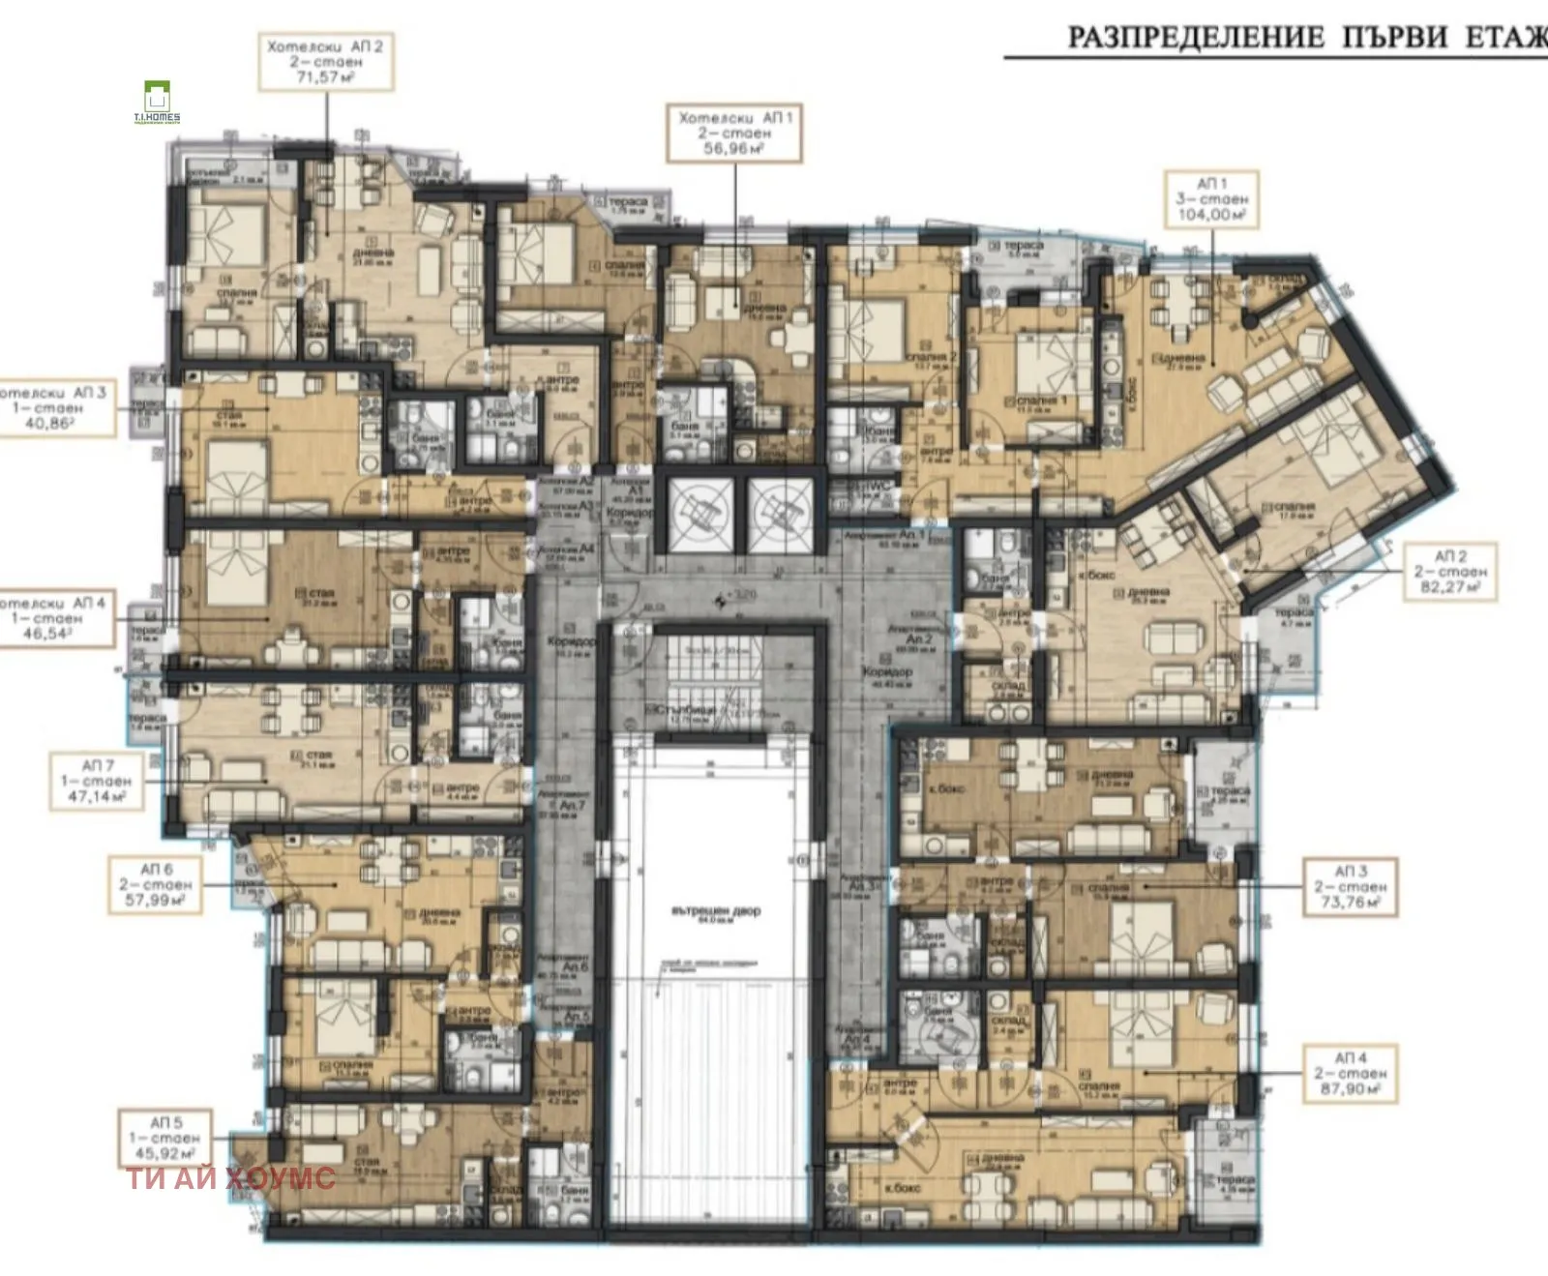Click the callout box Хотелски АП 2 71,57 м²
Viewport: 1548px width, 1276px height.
[x=326, y=61]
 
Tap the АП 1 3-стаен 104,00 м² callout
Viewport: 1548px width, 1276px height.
[x=1211, y=199]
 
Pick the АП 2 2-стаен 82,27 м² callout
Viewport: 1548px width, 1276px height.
[x=1449, y=572]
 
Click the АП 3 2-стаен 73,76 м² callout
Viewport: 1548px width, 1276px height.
[x=1349, y=886]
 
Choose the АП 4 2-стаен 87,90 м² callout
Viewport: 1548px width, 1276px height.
[x=1349, y=1074]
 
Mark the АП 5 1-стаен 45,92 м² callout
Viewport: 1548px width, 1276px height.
[x=166, y=1139]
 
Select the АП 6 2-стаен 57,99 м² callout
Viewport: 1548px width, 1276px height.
[x=155, y=885]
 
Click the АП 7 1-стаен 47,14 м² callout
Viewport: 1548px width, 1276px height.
[x=95, y=782]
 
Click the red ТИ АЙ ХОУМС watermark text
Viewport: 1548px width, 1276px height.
[x=231, y=1178]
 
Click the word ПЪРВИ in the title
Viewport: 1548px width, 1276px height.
[x=1393, y=37]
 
